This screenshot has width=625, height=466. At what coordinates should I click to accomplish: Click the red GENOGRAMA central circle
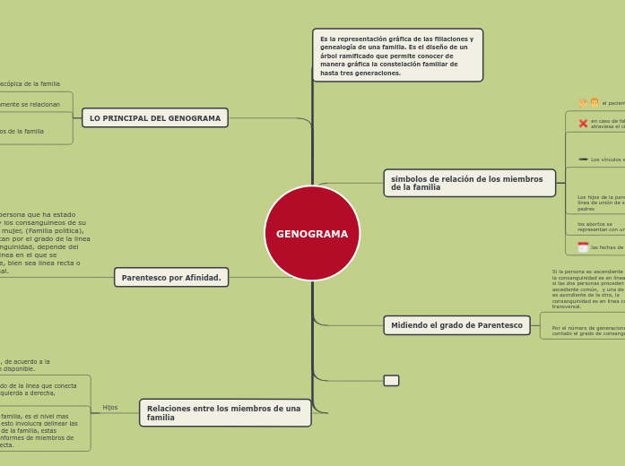[x=312, y=233]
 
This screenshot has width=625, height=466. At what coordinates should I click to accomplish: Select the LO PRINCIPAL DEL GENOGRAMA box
[x=155, y=118]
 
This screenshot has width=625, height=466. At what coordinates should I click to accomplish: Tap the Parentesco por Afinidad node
[x=171, y=278]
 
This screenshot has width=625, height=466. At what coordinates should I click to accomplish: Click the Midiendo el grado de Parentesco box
[x=456, y=325]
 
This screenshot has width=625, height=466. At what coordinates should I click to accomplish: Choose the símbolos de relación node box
[x=469, y=183]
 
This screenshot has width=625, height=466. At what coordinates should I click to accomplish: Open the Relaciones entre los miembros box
[x=225, y=413]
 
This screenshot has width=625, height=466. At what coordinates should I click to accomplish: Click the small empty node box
[x=391, y=381]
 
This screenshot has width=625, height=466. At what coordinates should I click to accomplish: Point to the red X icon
[x=583, y=124]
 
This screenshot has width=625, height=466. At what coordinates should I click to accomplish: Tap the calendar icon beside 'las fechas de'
[x=583, y=247]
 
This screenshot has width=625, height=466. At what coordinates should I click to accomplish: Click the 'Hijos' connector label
[x=110, y=408]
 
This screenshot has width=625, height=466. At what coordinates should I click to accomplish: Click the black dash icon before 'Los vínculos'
[x=583, y=160]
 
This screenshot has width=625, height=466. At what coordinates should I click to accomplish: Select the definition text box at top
[x=397, y=56]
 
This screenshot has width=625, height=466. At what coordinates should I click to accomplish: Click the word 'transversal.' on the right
[x=567, y=306]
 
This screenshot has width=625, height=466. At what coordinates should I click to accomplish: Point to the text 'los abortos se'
[x=595, y=224]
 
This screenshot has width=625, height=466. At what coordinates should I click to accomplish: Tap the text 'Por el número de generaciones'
[x=588, y=328]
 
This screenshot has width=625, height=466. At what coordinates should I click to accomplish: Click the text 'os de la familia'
[x=22, y=132]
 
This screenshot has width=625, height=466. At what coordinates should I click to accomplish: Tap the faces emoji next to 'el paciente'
[x=588, y=103]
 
